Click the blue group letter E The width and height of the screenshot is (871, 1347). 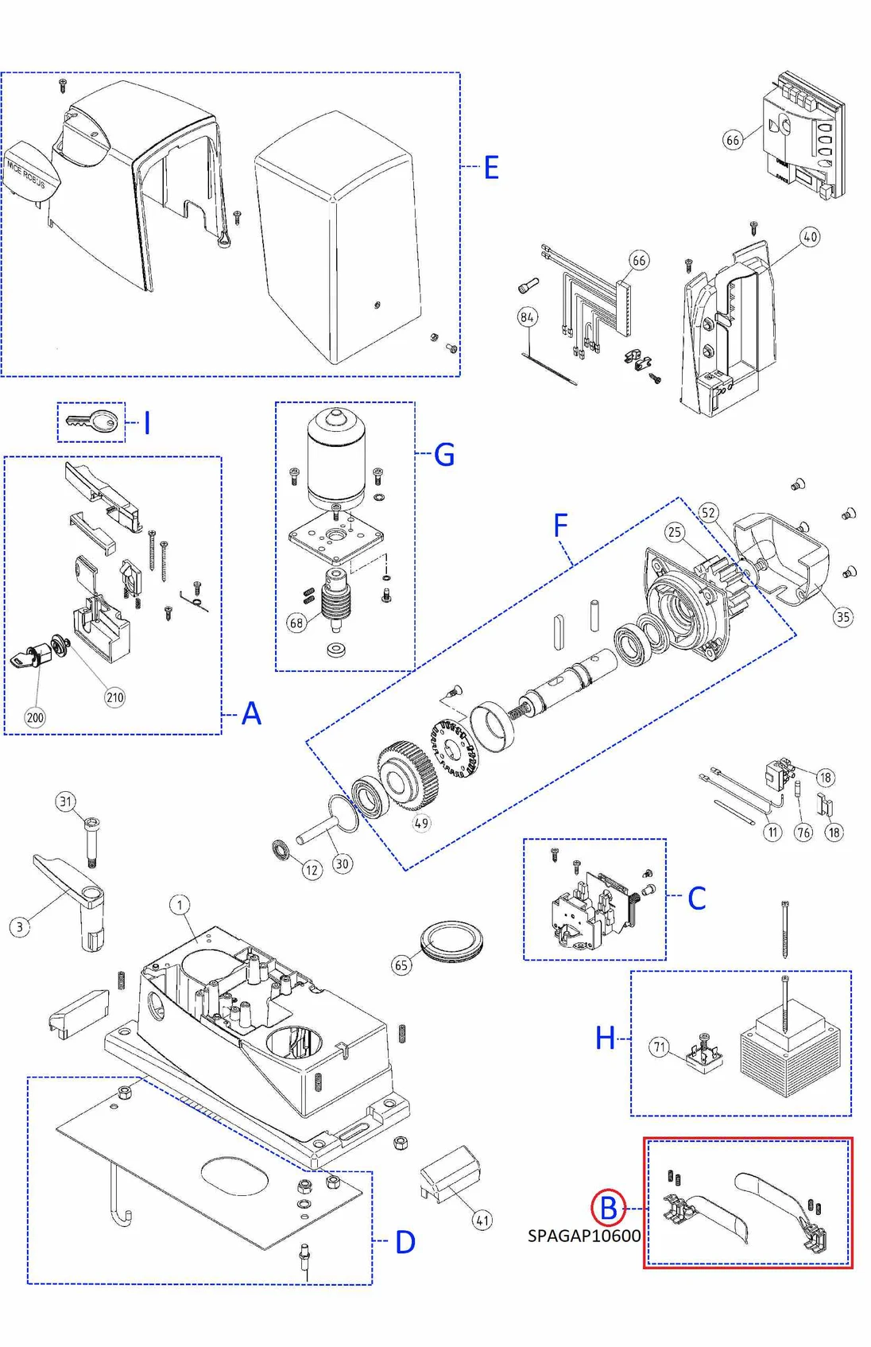(491, 168)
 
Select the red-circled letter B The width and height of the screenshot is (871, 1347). (608, 1208)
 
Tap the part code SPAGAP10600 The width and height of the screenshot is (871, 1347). (583, 1236)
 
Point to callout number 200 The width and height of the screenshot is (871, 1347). (35, 717)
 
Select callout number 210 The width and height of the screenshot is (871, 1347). (115, 697)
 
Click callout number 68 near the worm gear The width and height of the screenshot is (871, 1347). (296, 623)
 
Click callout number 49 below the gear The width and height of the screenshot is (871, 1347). (421, 823)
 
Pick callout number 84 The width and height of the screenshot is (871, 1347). (527, 317)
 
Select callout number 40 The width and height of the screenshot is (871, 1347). (810, 236)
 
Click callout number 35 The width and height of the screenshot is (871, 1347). (842, 616)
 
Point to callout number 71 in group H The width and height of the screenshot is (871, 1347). (660, 1047)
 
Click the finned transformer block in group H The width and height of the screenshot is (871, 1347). (789, 1050)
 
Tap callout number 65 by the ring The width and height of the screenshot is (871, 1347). (401, 965)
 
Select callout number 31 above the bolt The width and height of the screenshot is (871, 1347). (66, 802)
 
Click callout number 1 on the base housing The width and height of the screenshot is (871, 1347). (180, 905)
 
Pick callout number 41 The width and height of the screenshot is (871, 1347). (482, 1220)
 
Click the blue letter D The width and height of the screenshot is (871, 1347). (405, 1242)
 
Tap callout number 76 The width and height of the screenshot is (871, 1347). (803, 833)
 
